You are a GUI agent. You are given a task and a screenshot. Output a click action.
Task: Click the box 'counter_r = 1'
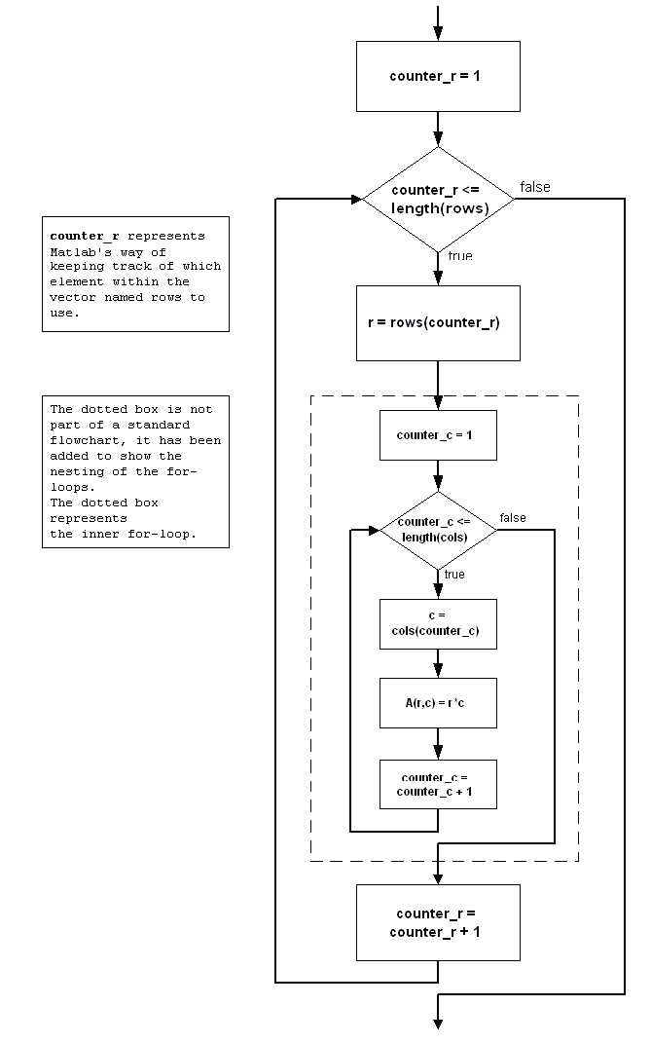438,76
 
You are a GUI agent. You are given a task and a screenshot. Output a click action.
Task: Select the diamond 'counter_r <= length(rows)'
438,199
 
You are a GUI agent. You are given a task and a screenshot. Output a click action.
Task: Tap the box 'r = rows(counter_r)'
438,322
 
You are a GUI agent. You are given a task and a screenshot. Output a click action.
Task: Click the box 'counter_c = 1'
438,434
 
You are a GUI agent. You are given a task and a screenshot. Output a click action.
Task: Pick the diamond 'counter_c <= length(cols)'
438,531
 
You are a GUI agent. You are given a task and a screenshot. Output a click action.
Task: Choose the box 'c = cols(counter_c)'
438,623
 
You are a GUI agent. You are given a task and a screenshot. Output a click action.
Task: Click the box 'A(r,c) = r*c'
438,703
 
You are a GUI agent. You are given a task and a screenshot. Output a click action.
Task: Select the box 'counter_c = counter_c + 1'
438,784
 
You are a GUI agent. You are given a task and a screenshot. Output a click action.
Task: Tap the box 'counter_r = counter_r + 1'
438,922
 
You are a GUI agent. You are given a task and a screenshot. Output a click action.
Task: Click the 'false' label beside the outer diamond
534,187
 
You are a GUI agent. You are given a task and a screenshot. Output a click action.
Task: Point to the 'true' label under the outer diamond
460,256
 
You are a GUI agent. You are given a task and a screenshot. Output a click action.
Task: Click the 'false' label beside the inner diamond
513,518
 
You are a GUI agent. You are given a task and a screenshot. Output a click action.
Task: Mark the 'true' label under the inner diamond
454,575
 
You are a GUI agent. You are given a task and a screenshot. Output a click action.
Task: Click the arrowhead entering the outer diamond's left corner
355,199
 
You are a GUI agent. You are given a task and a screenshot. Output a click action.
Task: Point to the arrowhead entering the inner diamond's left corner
373,531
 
